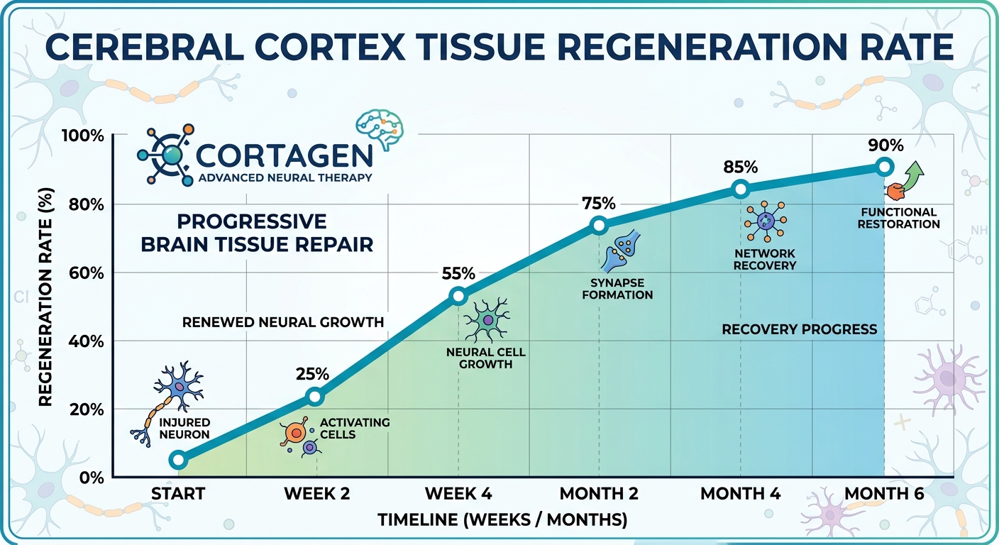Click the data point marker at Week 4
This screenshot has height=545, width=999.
click(458, 296)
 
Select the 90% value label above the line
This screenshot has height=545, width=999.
click(885, 145)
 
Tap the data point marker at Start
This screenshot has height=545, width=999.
click(179, 460)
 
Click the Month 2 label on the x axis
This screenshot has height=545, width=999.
click(599, 494)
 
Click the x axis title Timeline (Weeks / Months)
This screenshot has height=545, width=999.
click(502, 520)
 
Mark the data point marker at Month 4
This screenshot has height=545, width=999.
click(741, 189)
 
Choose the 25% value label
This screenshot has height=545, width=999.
click(312, 373)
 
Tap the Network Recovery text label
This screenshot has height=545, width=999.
click(765, 259)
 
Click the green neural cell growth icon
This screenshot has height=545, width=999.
click(487, 320)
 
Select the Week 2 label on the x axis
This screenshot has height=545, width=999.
click(316, 494)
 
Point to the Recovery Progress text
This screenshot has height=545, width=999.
click(799, 329)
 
